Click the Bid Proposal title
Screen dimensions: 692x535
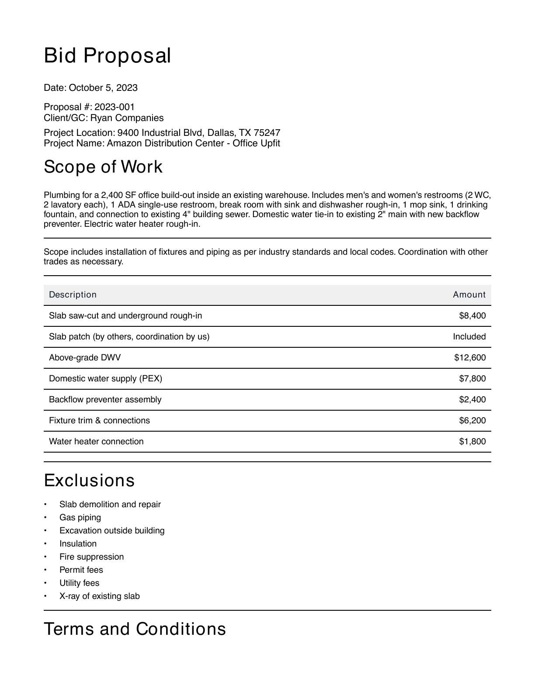tap(107, 56)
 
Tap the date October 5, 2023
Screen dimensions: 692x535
tap(103, 88)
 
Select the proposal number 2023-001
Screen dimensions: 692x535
tap(115, 107)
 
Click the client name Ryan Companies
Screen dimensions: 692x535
tap(127, 118)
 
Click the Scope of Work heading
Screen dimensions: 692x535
tap(103, 167)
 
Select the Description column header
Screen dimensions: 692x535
tap(73, 295)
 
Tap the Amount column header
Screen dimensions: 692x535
tap(469, 295)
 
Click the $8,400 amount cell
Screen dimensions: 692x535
tap(472, 316)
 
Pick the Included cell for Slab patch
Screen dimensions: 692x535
tap(469, 337)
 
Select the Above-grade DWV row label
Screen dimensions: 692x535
tap(85, 358)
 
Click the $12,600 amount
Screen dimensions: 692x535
tap(470, 358)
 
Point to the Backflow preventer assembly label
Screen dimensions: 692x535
tap(105, 400)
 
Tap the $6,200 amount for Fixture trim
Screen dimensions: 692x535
tap(472, 421)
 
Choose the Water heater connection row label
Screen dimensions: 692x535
tap(96, 442)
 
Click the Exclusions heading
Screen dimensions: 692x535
tap(89, 481)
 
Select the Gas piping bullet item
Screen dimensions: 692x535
tap(80, 518)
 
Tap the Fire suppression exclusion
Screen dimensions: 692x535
tap(91, 557)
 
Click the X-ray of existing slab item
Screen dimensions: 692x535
tap(99, 596)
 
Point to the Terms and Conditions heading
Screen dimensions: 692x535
tap(135, 629)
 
